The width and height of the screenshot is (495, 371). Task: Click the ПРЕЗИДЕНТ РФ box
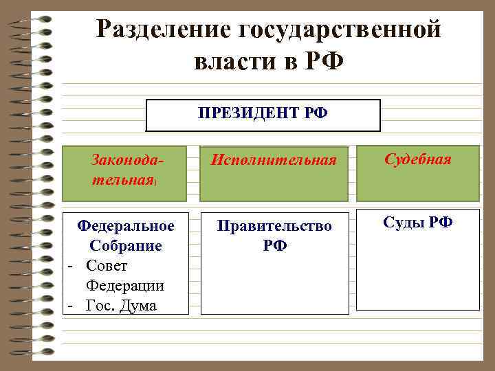point(263,115)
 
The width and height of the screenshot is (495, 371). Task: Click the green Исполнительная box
point(274,172)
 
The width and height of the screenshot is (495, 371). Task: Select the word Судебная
point(417,159)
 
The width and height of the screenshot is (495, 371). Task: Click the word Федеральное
point(126,225)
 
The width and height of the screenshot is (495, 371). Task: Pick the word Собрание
point(125,245)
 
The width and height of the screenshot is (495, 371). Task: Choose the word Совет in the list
point(107,265)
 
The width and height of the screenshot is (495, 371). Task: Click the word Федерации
point(125,284)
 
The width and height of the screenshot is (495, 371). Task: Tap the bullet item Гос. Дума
point(121,305)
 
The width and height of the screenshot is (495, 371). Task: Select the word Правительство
point(274,225)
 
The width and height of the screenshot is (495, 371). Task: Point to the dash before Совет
point(69,265)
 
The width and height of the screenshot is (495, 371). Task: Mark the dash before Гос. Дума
point(69,305)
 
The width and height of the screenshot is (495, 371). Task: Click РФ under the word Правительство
point(274,245)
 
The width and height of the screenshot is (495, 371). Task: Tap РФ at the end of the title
point(322,63)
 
